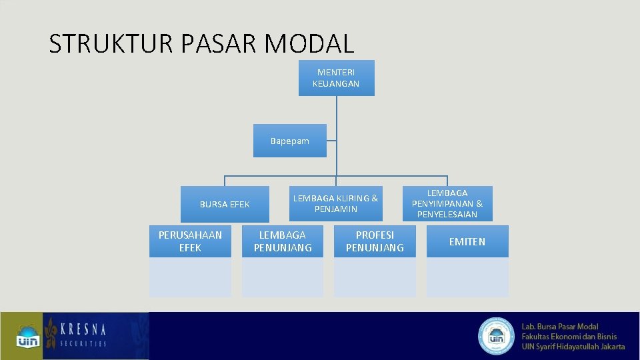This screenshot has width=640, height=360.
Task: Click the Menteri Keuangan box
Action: click(x=336, y=78)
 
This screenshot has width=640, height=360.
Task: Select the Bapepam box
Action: click(x=289, y=141)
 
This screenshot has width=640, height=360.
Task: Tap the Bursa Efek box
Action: click(x=225, y=204)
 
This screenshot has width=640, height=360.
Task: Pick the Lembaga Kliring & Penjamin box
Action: click(x=335, y=203)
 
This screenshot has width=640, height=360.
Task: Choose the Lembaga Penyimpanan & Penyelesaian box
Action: click(x=447, y=203)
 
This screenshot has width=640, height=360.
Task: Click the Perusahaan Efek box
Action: click(x=190, y=241)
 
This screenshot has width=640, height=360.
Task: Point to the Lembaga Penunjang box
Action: click(x=283, y=241)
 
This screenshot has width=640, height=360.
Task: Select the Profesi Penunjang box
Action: click(x=375, y=241)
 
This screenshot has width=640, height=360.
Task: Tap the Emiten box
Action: click(x=467, y=241)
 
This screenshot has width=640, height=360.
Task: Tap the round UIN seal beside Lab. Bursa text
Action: click(x=496, y=335)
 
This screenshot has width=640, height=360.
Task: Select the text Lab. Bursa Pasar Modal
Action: click(x=560, y=327)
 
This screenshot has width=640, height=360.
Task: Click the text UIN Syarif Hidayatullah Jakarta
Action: click(x=573, y=346)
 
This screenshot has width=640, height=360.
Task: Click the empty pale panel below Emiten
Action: click(x=467, y=277)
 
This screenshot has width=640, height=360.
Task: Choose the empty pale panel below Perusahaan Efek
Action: click(x=190, y=277)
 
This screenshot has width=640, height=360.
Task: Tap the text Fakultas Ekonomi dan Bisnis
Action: click(x=569, y=337)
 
